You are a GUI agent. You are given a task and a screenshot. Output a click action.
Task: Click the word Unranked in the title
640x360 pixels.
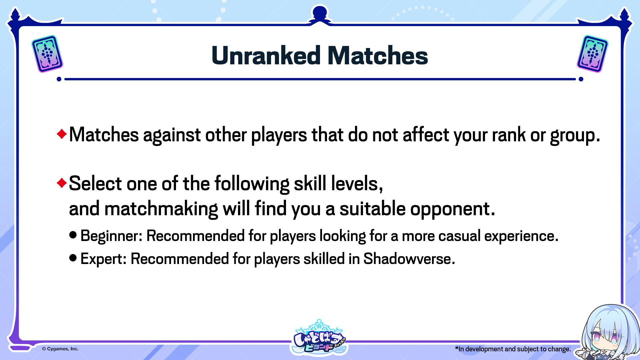click(266, 55)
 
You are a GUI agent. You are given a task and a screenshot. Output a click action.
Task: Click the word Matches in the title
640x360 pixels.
click(378, 55)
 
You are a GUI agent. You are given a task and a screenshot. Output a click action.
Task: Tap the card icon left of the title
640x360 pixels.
click(47, 54)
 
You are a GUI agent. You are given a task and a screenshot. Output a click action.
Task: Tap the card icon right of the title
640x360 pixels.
click(592, 54)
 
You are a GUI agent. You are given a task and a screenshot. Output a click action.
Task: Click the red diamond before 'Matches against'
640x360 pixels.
click(62, 134)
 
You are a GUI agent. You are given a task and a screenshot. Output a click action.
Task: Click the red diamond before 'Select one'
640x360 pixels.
click(62, 183)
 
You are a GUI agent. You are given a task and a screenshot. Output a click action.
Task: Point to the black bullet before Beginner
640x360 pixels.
click(73, 235)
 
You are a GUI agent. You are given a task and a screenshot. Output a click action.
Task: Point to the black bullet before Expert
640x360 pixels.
click(73, 258)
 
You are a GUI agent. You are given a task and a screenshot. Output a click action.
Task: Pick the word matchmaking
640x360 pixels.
click(161, 209)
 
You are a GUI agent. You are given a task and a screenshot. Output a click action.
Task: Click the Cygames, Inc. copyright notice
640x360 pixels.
click(60, 349)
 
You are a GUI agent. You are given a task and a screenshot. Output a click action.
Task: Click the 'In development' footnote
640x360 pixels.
click(513, 349)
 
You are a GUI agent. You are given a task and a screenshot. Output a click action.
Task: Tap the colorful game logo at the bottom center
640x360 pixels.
click(319, 337)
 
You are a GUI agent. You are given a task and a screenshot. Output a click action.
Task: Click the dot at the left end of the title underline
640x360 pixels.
click(59, 79)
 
